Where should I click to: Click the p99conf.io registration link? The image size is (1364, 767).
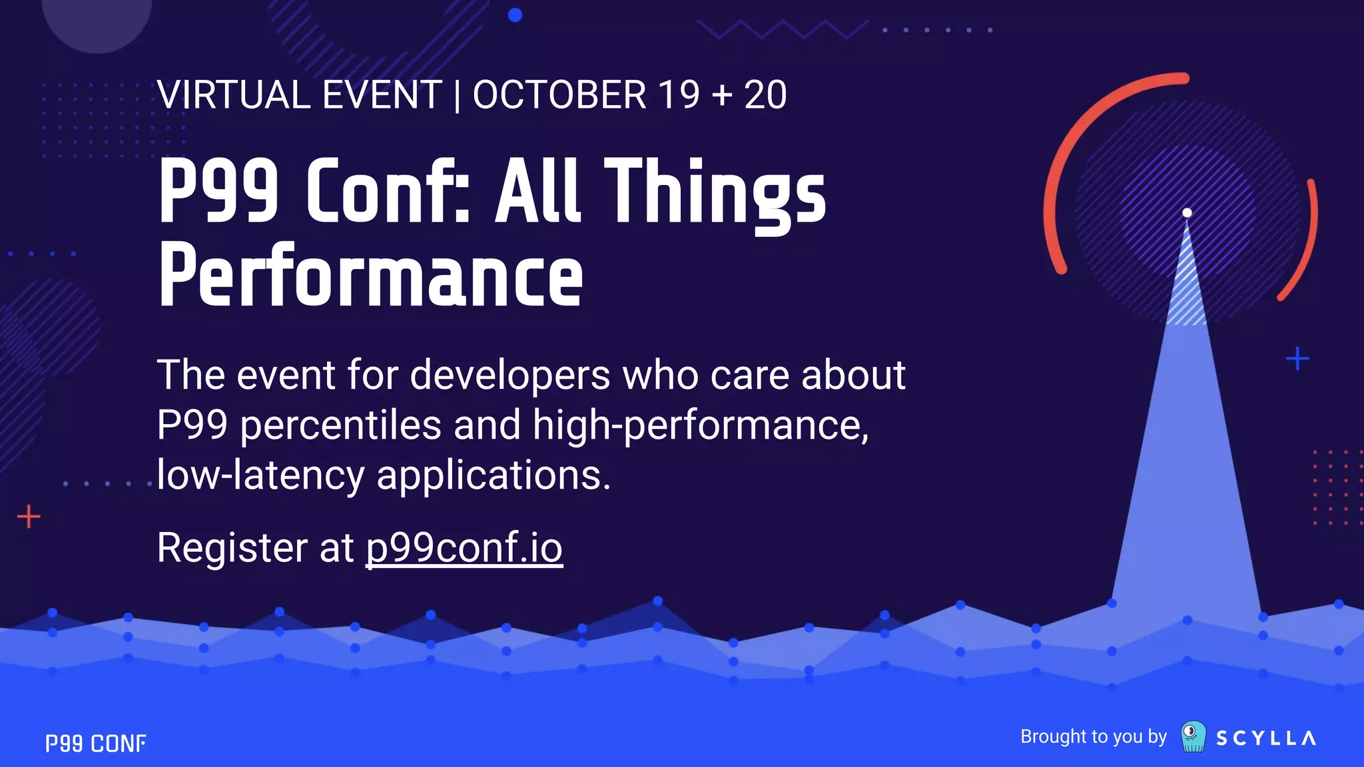point(464,548)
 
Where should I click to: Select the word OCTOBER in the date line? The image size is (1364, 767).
point(559,95)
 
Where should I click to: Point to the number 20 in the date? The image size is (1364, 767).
point(765,95)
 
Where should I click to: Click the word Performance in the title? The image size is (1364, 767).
point(370,276)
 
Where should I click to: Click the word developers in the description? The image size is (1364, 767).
point(510,375)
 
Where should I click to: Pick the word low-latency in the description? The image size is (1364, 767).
point(260,475)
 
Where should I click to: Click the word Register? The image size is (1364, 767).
point(230,548)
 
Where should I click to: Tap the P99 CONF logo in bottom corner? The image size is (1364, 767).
point(95,743)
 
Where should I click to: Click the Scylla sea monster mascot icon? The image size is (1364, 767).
point(1193,736)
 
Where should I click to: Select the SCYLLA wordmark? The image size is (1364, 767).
point(1265,738)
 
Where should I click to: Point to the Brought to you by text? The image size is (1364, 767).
point(1093,736)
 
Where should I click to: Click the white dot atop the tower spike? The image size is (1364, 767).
point(1187,213)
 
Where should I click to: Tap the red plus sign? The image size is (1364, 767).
point(29,517)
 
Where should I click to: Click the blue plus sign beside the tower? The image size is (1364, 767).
point(1297,359)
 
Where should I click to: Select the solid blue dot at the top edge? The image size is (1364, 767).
point(515,15)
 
